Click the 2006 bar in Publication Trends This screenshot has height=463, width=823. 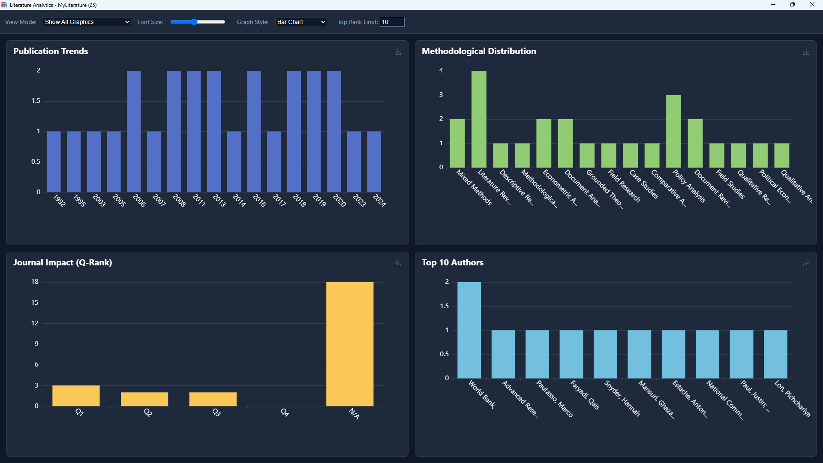(x=134, y=131)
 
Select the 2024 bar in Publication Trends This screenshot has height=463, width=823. (x=374, y=162)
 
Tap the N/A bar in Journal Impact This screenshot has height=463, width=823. (x=350, y=344)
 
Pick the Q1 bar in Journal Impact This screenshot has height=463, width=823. (x=76, y=396)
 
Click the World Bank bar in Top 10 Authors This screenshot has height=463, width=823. (x=469, y=330)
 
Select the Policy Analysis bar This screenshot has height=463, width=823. (x=673, y=131)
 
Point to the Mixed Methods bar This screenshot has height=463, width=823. (x=457, y=143)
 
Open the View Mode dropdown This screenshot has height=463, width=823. (x=87, y=22)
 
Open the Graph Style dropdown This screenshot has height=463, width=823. (x=301, y=22)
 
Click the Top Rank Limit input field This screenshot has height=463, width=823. (x=392, y=22)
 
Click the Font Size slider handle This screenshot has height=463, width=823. (x=194, y=22)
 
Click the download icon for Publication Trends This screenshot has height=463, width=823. (x=398, y=51)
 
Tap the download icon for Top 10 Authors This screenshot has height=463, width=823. (x=806, y=263)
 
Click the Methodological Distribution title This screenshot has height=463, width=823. (x=479, y=51)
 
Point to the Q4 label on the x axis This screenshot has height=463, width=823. (x=285, y=412)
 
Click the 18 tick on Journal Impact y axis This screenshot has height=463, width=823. (x=35, y=282)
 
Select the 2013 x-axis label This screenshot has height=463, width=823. (x=219, y=200)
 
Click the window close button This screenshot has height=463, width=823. (x=812, y=5)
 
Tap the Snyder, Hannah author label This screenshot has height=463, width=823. (x=622, y=398)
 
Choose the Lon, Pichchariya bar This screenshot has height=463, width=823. (x=775, y=354)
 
